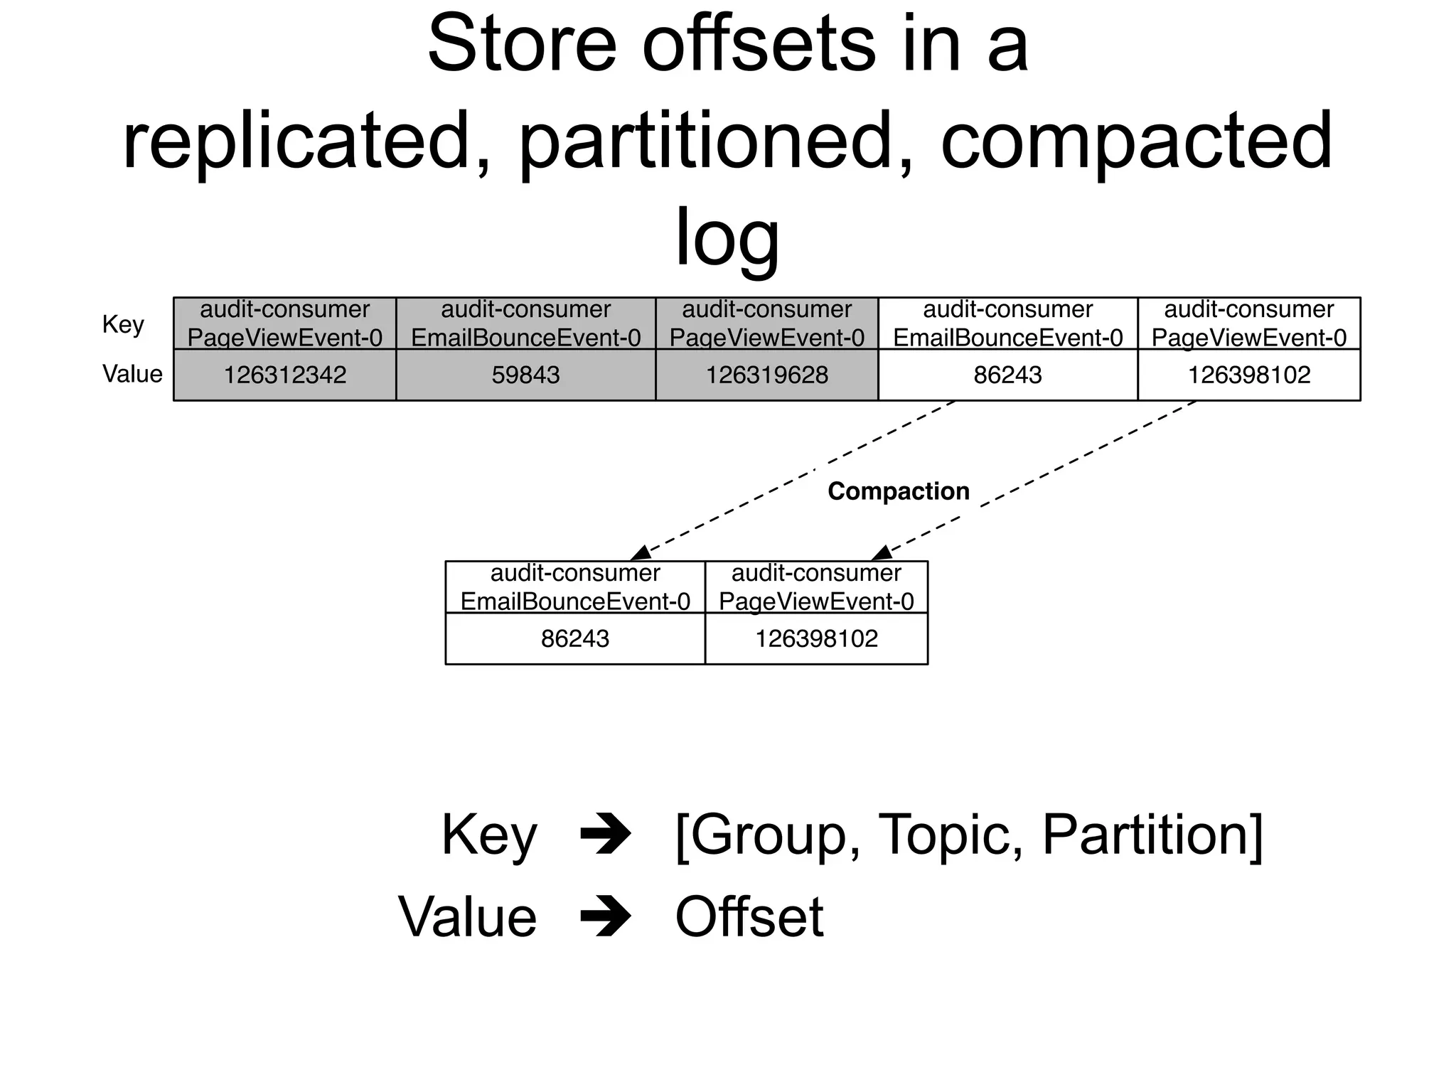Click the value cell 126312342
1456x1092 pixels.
click(x=284, y=375)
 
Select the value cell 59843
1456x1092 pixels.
click(x=525, y=375)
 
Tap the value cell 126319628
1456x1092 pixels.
click(x=766, y=375)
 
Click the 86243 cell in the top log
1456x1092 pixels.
click(x=1007, y=375)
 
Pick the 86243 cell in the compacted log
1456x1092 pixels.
click(x=574, y=638)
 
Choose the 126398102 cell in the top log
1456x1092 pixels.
click(x=1248, y=375)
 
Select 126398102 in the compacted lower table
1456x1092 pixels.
click(x=816, y=638)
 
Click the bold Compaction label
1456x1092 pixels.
click(x=898, y=491)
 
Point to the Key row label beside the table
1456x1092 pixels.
click(x=123, y=324)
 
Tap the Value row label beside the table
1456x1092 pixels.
click(x=132, y=374)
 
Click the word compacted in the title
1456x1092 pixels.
click(x=1135, y=141)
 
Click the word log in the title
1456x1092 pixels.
click(x=727, y=238)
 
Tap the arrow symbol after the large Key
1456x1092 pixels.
click(x=605, y=834)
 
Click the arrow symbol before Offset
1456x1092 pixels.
click(x=605, y=917)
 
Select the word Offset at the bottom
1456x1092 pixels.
click(x=749, y=917)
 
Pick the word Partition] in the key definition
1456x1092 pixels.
click(x=1152, y=835)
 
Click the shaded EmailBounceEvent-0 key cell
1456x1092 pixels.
click(x=525, y=323)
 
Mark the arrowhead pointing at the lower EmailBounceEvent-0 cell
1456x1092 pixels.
click(x=641, y=553)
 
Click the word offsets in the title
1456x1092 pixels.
click(x=758, y=44)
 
